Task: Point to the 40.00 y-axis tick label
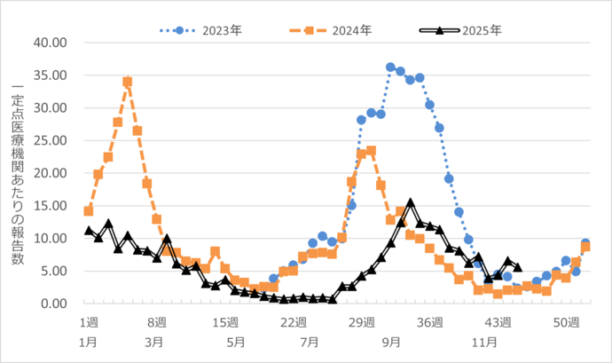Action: [50, 43]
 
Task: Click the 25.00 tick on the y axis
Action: [50, 140]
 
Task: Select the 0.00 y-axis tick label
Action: [53, 304]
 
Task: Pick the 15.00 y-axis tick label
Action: [50, 206]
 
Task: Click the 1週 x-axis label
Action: [89, 321]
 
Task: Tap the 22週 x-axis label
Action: [294, 321]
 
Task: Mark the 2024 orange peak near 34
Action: [128, 82]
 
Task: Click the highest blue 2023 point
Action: [390, 67]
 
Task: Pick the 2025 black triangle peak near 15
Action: [410, 202]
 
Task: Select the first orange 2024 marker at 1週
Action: [89, 211]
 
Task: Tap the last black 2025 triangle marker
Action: [518, 267]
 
